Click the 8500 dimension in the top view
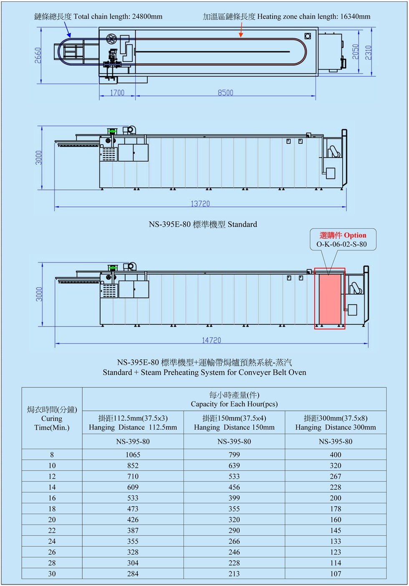[225, 93]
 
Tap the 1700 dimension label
[117, 93]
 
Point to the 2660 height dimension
[38, 55]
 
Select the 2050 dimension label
[356, 51]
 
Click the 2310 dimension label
[368, 53]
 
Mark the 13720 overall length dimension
[200, 204]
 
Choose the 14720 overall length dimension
[212, 340]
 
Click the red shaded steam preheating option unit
[330, 299]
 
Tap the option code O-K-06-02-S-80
[342, 244]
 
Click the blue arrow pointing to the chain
[67, 30]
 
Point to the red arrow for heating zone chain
[241, 30]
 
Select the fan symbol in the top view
[111, 40]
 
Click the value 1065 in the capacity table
[133, 454]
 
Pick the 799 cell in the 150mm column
[234, 454]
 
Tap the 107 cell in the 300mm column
[336, 574]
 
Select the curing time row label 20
[52, 520]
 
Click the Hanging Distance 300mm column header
[336, 427]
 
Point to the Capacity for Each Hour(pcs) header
[234, 404]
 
